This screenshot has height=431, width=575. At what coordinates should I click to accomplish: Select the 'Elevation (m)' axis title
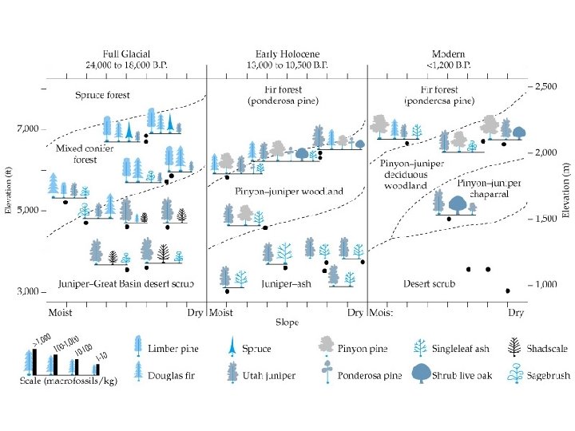click(x=566, y=190)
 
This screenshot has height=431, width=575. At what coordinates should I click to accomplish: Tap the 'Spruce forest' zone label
click(x=102, y=95)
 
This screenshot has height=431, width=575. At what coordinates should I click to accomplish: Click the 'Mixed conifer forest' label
click(x=77, y=154)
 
